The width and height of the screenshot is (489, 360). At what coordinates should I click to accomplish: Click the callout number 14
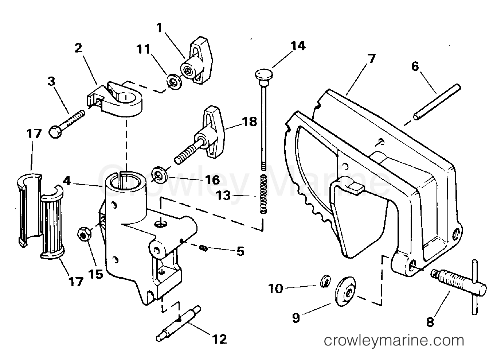tap(298, 46)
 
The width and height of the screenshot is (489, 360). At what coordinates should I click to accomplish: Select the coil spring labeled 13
tap(264, 194)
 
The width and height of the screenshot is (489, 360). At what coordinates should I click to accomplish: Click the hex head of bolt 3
tap(55, 132)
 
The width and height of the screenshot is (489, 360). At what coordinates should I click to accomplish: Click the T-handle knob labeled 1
tap(195, 62)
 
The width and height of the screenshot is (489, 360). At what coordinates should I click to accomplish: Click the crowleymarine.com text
tap(394, 341)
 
